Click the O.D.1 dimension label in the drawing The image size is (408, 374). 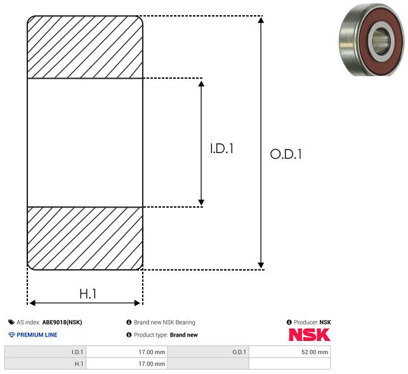(286, 154)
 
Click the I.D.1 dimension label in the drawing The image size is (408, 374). (222, 149)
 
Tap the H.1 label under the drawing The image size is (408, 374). (88, 294)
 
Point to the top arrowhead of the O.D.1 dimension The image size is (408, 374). (261, 21)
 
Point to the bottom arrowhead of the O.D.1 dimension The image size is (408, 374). (261, 264)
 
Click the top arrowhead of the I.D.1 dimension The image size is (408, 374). (201, 84)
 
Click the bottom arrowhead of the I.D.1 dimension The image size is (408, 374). (201, 201)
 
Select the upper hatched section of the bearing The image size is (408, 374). (85, 47)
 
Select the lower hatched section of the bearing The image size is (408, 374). (85, 238)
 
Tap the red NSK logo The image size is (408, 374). (310, 335)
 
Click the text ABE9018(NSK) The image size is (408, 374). (62, 323)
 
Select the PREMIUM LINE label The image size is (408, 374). (37, 335)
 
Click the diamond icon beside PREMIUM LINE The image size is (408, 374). (11, 335)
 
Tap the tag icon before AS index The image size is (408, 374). (11, 323)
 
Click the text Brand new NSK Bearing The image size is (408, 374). (164, 323)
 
